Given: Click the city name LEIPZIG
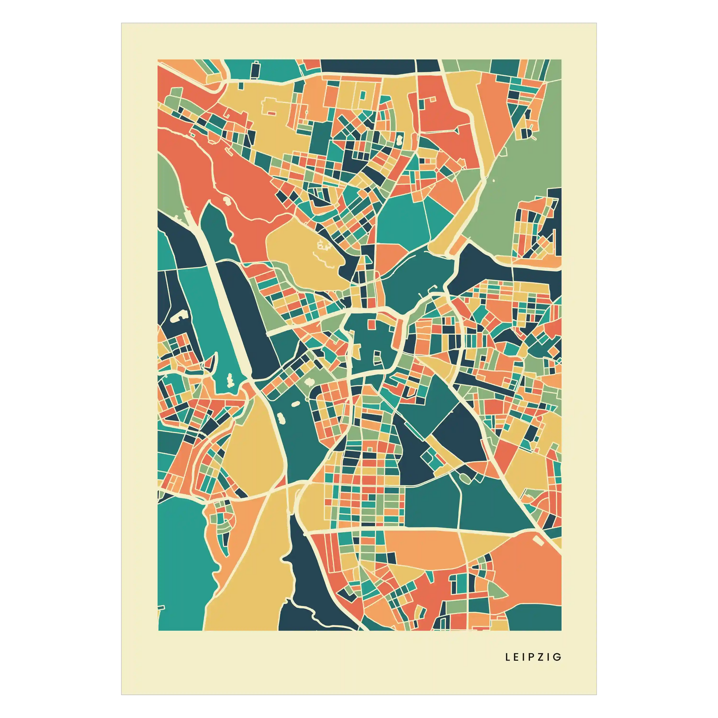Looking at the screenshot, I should [533, 657].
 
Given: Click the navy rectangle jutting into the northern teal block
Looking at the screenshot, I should [255, 70].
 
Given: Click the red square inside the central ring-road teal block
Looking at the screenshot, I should [370, 324].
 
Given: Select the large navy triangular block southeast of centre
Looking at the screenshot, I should [459, 431].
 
